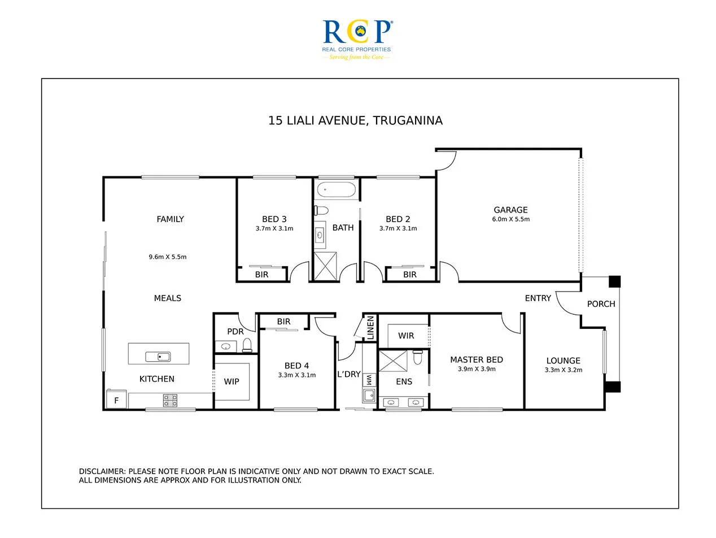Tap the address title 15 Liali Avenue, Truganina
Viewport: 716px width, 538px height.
355,120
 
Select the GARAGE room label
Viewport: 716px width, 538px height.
510,210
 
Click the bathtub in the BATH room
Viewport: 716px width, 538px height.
337,189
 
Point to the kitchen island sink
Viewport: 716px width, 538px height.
158,356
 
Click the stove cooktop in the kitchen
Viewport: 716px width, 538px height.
170,401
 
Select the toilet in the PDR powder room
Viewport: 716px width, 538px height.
247,345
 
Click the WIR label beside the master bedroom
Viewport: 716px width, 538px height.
406,336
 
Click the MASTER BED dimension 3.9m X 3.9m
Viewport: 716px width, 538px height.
476,369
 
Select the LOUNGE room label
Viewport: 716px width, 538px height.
563,361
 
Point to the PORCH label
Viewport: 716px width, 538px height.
601,303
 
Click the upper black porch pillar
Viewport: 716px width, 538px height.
614,281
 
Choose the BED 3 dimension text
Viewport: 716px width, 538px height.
274,229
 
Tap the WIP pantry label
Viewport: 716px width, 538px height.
232,381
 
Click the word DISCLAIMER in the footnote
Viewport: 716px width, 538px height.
102,471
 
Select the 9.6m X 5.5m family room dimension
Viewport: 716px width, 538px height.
167,257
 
